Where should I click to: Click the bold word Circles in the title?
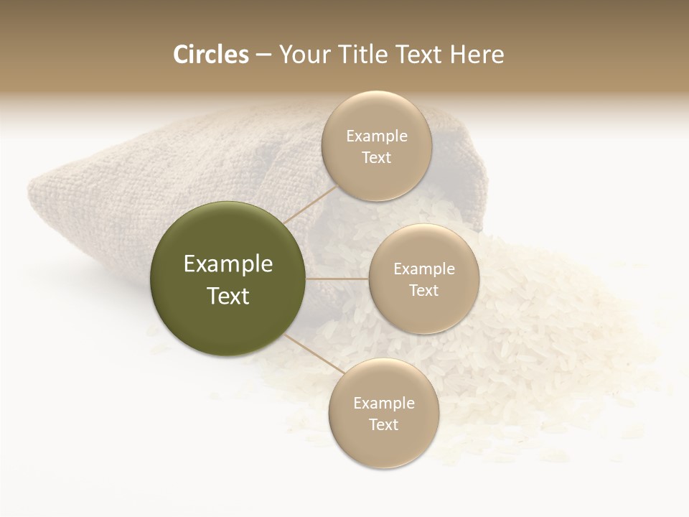(210, 55)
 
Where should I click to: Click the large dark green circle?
(228, 279)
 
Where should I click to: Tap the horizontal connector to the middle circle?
(337, 279)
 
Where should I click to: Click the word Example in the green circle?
(228, 264)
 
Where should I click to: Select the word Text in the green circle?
(228, 296)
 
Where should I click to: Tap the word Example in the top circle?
(376, 136)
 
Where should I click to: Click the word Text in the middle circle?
(423, 290)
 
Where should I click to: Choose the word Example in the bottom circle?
(383, 403)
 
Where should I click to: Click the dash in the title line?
(263, 55)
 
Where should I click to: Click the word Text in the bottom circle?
(383, 424)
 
